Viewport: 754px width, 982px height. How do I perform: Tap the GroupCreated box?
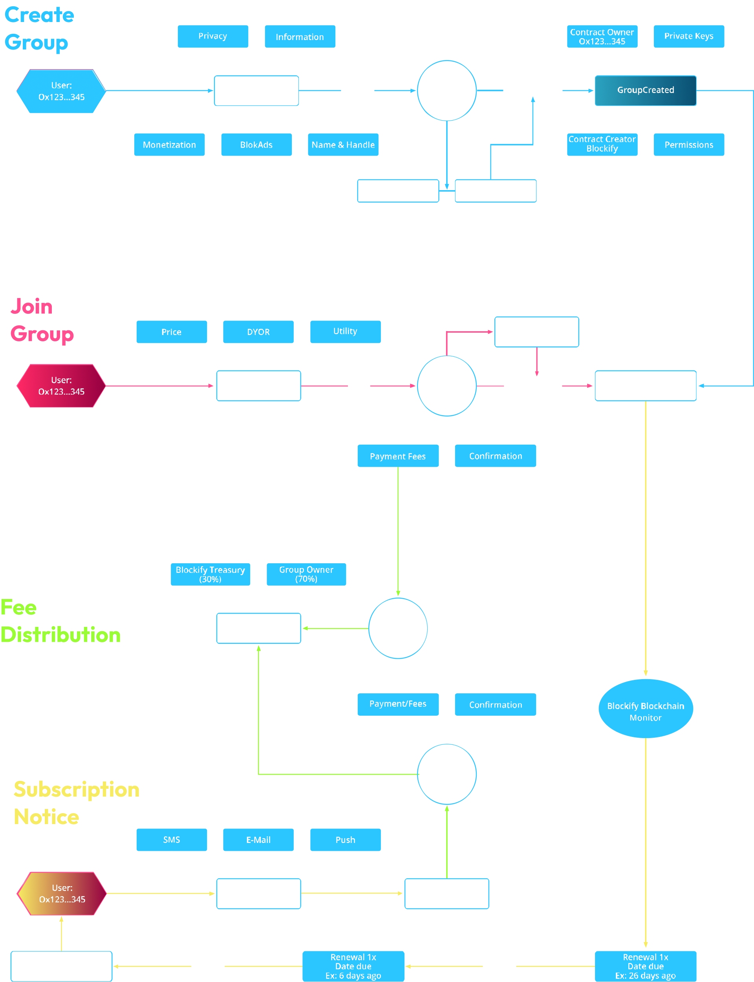coord(645,90)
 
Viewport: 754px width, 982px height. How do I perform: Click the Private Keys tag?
coord(688,37)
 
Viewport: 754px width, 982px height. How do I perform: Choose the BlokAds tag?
coord(256,145)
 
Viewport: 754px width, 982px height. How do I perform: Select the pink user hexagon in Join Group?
coord(61,385)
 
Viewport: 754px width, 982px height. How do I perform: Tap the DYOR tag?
coord(258,332)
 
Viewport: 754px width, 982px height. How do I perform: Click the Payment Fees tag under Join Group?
coord(398,456)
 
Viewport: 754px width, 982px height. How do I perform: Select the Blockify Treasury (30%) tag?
coord(210,574)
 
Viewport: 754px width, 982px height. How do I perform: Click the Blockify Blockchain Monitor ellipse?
coord(645,708)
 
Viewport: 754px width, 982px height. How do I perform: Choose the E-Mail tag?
coord(258,839)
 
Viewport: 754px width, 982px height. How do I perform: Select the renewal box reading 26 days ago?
coord(645,966)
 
